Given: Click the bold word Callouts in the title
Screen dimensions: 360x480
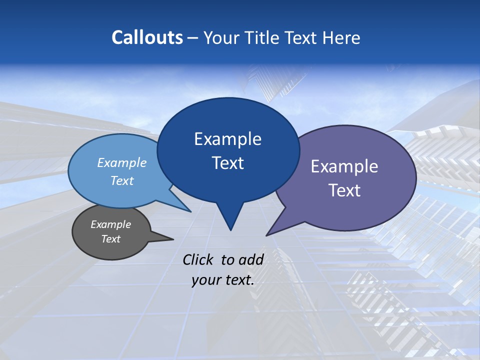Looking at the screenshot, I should point(147,37).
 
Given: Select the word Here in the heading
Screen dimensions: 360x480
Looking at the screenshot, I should point(341,37).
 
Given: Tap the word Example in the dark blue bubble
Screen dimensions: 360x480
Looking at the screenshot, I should point(227,139).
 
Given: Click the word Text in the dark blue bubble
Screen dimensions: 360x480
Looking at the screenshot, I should point(227,163).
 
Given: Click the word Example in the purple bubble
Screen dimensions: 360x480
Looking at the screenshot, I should point(344,166).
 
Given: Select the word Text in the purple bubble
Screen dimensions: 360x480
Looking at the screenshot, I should point(344,190).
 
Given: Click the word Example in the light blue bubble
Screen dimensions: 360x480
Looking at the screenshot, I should point(121,162).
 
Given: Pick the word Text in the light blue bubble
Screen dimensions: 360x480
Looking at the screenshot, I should point(121,180).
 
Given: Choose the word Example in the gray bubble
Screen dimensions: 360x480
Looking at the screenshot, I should point(110,224).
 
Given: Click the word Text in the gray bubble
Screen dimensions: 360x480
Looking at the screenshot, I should point(110,239).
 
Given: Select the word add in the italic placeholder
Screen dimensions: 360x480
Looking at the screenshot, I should point(250,259).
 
